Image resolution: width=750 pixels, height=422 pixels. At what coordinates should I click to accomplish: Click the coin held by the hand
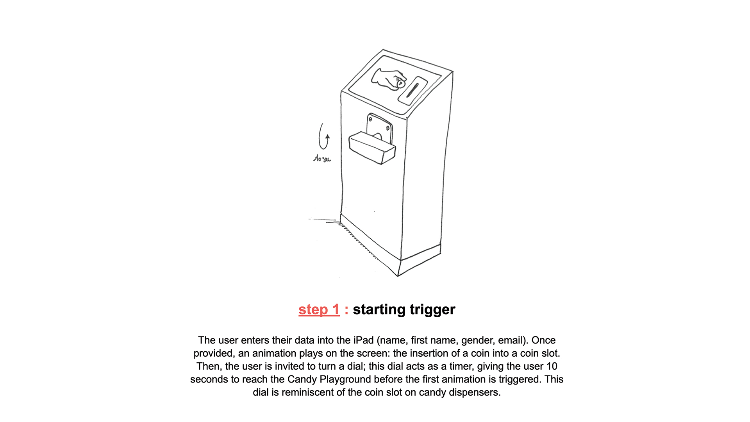coord(400,83)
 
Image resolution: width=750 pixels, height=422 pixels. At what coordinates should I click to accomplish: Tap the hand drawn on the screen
coord(388,79)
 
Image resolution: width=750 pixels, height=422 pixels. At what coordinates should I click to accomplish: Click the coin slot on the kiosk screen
coord(412,90)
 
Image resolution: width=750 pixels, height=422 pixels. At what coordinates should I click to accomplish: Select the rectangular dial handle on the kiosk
coord(372,148)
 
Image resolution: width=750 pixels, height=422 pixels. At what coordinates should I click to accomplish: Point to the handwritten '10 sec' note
coord(322,158)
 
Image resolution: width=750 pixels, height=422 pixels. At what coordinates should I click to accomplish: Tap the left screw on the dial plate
coord(370,119)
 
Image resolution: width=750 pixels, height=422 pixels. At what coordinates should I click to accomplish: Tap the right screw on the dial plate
coord(388,128)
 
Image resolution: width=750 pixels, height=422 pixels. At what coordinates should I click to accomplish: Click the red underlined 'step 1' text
coord(319,309)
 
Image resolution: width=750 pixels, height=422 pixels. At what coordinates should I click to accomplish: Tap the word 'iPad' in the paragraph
coord(364,340)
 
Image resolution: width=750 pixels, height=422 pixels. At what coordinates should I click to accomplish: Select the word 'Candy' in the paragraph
coord(302,379)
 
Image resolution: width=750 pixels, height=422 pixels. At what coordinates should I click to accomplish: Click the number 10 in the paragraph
coord(552,367)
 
